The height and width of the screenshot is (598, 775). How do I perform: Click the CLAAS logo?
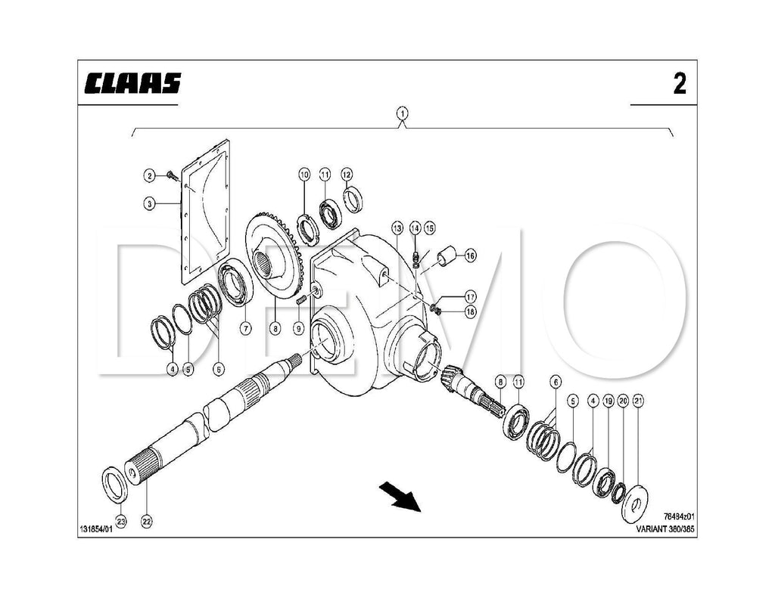(133, 82)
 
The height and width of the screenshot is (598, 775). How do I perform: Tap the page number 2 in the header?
(680, 84)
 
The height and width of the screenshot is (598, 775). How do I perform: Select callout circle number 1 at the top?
(403, 114)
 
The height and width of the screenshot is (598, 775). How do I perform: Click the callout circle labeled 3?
(150, 203)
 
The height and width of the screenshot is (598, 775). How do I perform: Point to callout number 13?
(397, 228)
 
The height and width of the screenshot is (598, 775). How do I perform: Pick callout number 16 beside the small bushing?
(470, 256)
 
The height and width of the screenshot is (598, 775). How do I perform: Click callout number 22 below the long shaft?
(147, 520)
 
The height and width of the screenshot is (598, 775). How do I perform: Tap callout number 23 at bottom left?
(121, 520)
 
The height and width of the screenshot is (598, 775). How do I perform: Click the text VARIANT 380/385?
(665, 529)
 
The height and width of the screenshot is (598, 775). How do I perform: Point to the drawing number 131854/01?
(95, 529)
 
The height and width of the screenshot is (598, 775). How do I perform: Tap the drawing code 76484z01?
(679, 518)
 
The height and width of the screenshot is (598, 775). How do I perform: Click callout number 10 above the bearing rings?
(304, 175)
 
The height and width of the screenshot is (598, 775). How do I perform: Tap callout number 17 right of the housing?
(470, 296)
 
